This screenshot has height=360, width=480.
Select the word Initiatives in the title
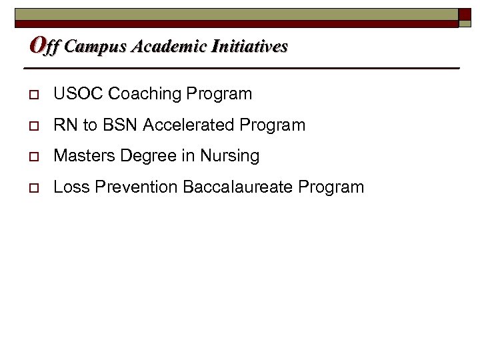(x=249, y=47)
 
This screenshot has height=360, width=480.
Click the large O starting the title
(x=37, y=45)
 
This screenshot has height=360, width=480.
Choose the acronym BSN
(x=116, y=125)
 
